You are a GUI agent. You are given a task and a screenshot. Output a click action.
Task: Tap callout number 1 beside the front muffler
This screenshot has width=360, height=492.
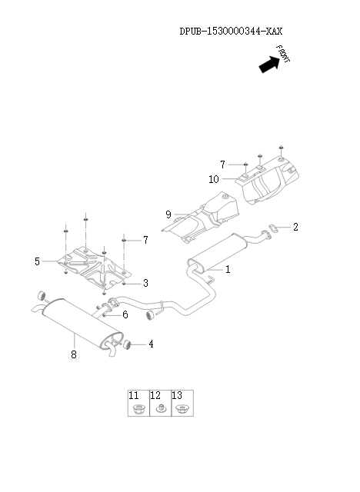pyautogui.click(x=228, y=270)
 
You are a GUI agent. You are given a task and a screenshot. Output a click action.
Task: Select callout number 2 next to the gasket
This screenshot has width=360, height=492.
pyautogui.click(x=295, y=227)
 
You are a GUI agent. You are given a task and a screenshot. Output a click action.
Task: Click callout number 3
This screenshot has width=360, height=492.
pyautogui.click(x=145, y=283)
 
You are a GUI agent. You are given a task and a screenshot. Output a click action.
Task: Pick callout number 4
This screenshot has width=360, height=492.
pyautogui.click(x=151, y=344)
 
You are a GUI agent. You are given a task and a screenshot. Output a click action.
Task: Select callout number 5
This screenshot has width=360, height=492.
pyautogui.click(x=37, y=261)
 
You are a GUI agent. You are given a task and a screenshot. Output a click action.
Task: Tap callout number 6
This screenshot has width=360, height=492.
pyautogui.click(x=125, y=314)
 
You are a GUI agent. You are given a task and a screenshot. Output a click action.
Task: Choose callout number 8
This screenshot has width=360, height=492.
pyautogui.click(x=74, y=354)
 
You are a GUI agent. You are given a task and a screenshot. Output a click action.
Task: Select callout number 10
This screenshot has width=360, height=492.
pyautogui.click(x=214, y=179)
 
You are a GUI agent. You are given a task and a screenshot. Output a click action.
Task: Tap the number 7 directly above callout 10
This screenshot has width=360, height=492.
pyautogui.click(x=222, y=165)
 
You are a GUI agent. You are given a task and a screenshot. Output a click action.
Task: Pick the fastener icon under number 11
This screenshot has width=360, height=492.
pyautogui.click(x=138, y=408)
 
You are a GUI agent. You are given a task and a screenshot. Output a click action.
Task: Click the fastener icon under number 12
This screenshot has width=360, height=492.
pyautogui.click(x=160, y=408)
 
